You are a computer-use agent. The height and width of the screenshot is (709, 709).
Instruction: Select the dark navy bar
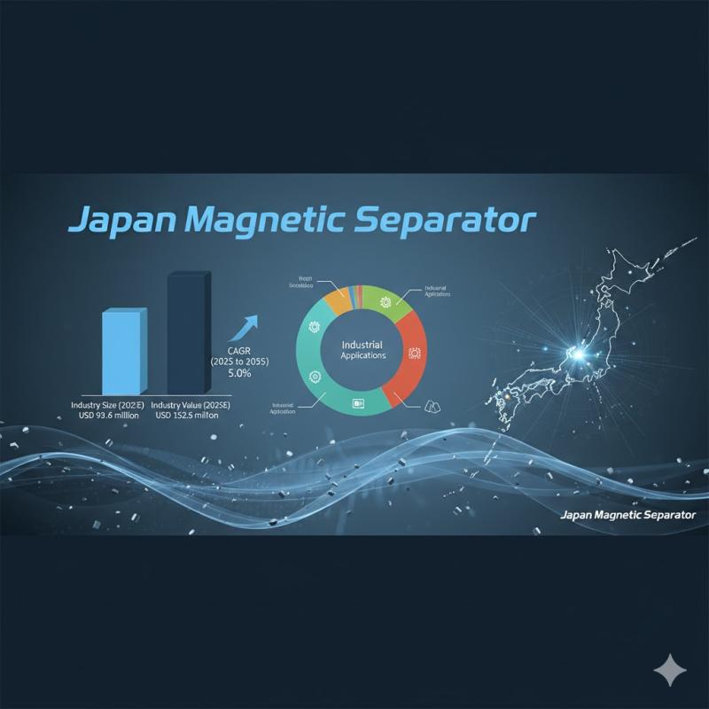coord(188,333)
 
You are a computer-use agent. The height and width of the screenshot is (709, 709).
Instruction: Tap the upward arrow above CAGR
coord(244,330)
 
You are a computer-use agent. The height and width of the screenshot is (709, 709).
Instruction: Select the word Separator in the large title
coord(445,221)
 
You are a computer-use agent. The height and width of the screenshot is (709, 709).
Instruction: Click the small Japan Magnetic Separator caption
coord(628,515)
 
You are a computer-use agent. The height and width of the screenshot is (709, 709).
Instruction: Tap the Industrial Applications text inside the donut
coord(362,348)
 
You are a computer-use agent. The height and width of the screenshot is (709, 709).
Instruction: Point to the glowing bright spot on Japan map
coord(578,354)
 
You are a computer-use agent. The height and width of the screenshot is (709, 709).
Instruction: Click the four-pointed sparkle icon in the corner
coord(669,671)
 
